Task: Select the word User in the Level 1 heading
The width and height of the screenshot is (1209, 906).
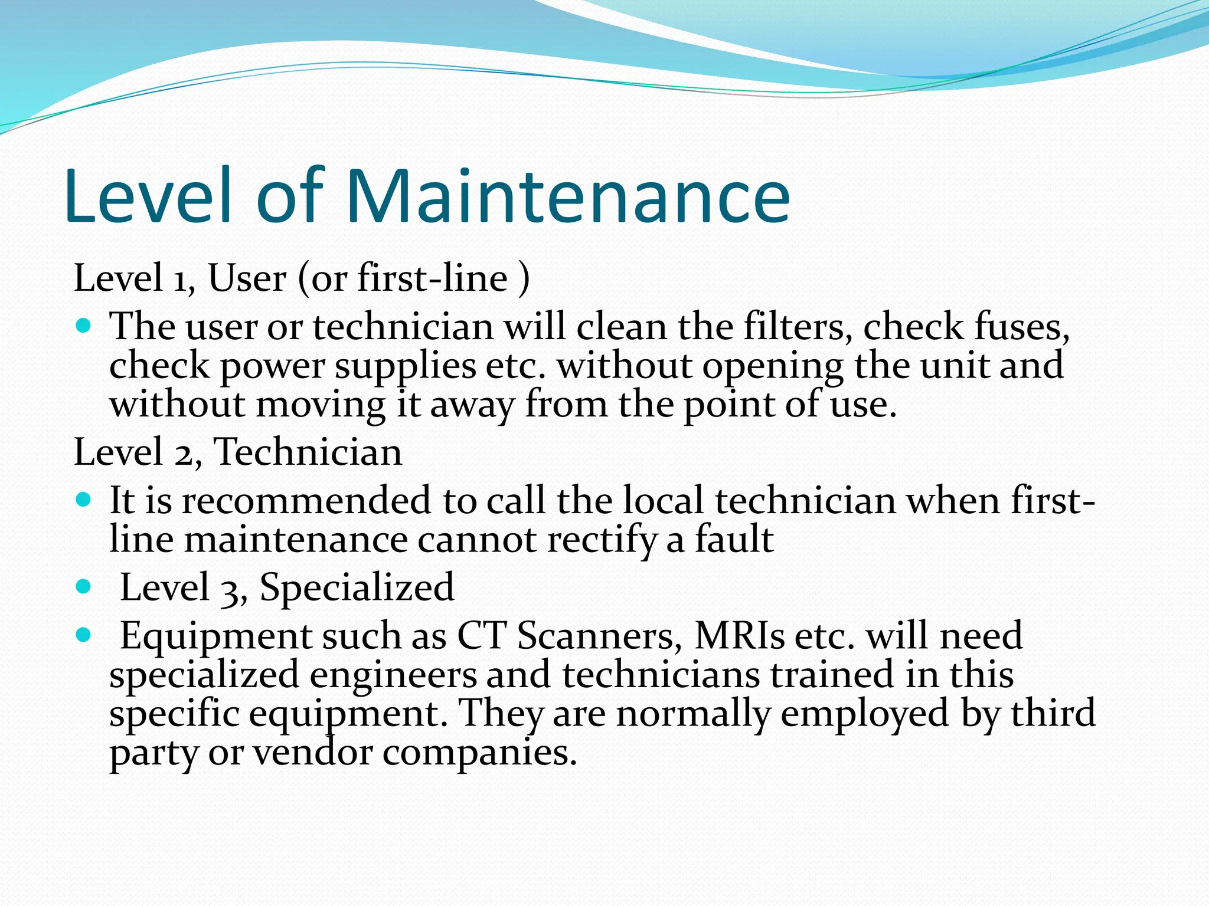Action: [247, 278]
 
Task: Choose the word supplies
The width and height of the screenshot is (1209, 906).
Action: [405, 366]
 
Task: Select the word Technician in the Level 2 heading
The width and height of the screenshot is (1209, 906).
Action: [308, 452]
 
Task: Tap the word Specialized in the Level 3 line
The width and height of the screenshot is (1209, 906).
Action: [357, 587]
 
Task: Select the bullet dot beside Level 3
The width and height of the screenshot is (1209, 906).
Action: [84, 587]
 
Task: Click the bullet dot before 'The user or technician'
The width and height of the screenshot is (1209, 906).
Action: [84, 325]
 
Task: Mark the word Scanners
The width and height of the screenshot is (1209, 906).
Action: [596, 636]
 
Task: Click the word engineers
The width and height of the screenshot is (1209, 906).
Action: [393, 675]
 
